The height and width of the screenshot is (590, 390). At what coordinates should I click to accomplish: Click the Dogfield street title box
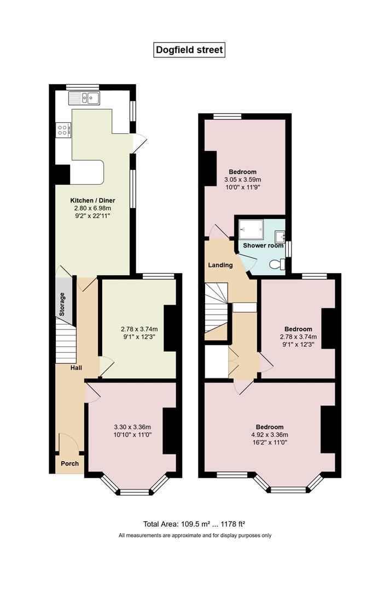pos(189,50)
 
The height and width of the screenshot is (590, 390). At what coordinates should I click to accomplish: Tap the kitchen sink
pos(84,98)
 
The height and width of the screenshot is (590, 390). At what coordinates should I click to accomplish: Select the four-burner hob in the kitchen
pos(62,130)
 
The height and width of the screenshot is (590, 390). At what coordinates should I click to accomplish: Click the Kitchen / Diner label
pos(92,200)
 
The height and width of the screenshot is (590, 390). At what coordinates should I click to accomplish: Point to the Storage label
pos(62,304)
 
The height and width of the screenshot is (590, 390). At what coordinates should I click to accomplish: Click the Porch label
pos(69,464)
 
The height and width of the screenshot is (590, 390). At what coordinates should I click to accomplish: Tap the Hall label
pos(76,368)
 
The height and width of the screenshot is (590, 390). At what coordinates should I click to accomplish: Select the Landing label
pos(220,265)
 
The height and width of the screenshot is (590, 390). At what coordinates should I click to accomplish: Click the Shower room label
pos(263,245)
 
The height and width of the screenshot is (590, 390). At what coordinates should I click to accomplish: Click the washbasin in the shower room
pos(280,237)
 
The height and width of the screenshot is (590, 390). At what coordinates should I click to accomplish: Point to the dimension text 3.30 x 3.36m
pos(132,427)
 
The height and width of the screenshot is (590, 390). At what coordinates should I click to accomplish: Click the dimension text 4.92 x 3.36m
pos(270,435)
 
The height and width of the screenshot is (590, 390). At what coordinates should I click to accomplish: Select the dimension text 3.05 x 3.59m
pos(243,180)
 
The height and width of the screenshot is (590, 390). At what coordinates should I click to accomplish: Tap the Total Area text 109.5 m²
pos(194,524)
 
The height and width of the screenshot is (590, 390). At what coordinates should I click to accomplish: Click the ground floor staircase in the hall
pos(66,340)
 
